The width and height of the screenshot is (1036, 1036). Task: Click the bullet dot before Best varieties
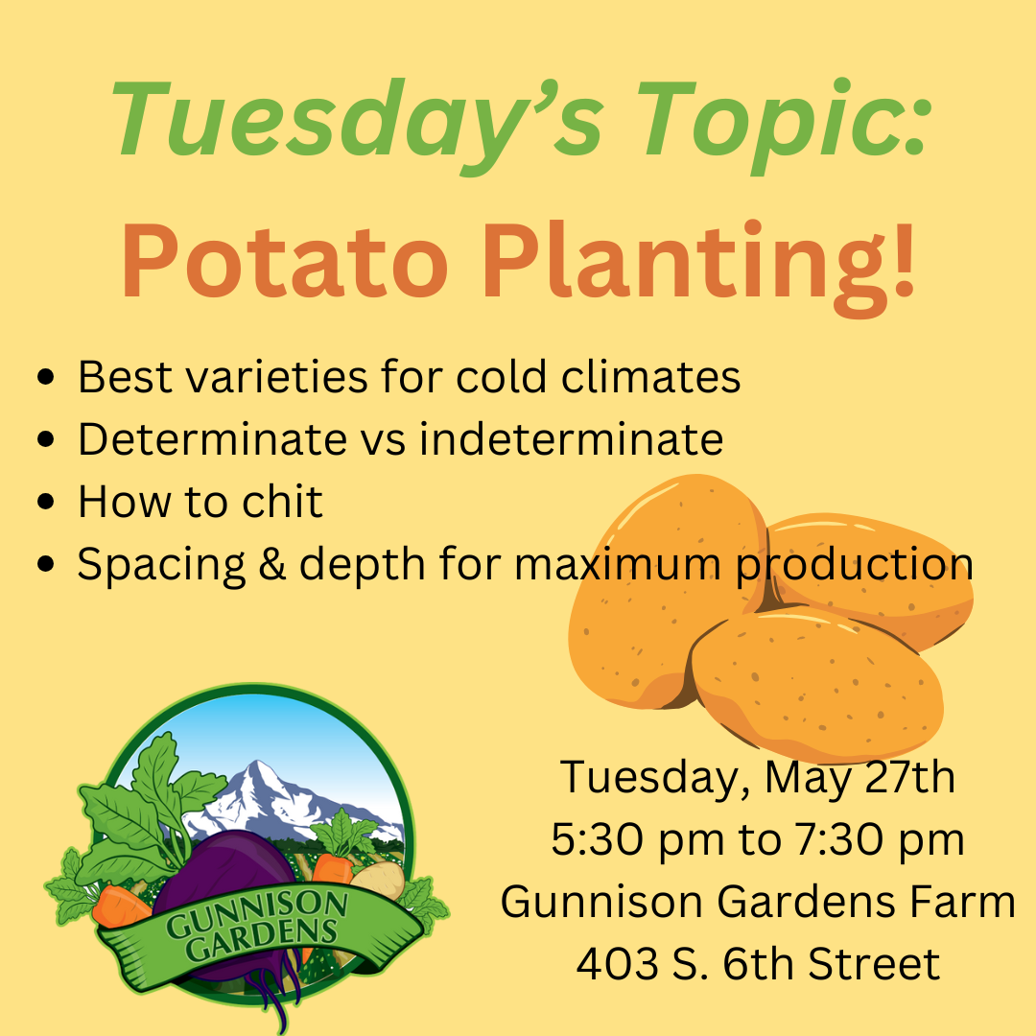point(46,377)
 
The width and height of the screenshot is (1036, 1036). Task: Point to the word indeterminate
point(572,438)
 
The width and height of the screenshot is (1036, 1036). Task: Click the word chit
point(282,501)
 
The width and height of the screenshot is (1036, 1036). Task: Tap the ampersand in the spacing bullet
point(272,564)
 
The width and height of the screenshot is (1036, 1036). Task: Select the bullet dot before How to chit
point(46,502)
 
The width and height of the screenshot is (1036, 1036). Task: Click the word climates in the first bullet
point(650,377)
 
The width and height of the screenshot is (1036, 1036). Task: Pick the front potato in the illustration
point(818,684)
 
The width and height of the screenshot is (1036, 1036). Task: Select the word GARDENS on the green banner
point(262,939)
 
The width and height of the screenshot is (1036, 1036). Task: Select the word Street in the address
point(874,964)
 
